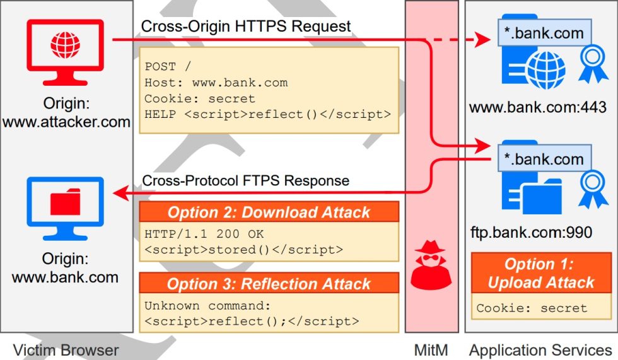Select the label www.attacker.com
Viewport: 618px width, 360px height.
coord(66,122)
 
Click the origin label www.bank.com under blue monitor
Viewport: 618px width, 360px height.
coord(66,277)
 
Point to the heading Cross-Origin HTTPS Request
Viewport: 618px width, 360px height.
coord(246,26)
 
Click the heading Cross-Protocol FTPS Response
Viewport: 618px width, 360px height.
coord(245,180)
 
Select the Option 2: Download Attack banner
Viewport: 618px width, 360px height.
coord(269,212)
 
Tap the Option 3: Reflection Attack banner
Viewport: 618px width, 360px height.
coord(269,284)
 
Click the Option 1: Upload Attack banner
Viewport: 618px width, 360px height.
coord(541,273)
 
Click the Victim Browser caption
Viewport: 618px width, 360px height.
coord(66,350)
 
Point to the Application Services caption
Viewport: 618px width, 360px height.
coord(540,350)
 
